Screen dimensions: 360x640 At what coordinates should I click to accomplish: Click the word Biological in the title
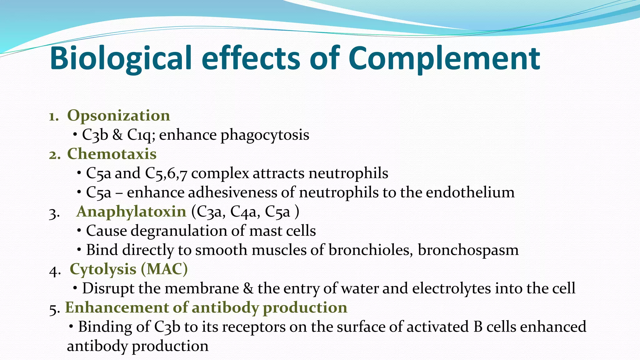point(120,59)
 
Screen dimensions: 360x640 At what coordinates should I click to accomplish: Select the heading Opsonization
point(118,116)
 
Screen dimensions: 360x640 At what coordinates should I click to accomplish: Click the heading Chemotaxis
point(112,154)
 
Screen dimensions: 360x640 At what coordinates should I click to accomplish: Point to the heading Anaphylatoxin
point(131,212)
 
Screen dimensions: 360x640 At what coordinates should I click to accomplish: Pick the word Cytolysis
point(103,269)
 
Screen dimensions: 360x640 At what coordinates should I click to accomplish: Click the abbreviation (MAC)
point(164,269)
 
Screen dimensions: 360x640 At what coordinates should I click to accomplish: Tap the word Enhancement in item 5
point(117,307)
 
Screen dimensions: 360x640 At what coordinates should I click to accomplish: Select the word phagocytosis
point(265,135)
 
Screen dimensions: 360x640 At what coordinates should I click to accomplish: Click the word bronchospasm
point(468,250)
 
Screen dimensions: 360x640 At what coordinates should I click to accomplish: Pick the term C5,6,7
point(166,173)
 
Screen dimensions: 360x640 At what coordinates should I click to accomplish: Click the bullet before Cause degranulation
point(79,231)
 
